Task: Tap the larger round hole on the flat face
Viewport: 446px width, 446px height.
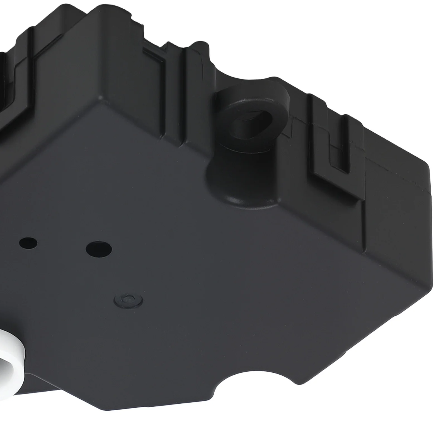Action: coord(99,247)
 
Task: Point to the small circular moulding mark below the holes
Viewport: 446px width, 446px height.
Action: coord(129,299)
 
